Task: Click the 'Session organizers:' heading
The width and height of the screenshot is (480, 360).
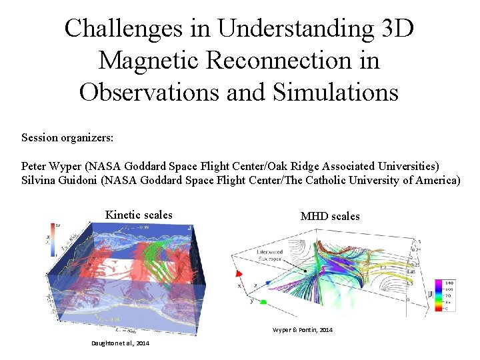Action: (x=67, y=138)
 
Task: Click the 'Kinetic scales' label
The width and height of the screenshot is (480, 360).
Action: (x=139, y=215)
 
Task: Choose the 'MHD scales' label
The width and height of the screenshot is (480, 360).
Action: (x=330, y=216)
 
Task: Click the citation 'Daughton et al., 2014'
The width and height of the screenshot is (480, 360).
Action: (x=120, y=343)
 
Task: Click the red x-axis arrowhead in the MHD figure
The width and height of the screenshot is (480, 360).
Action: (x=237, y=273)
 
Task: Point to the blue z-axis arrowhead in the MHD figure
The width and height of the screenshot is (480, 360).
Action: (x=267, y=283)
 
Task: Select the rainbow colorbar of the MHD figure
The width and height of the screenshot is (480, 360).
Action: (x=443, y=295)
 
